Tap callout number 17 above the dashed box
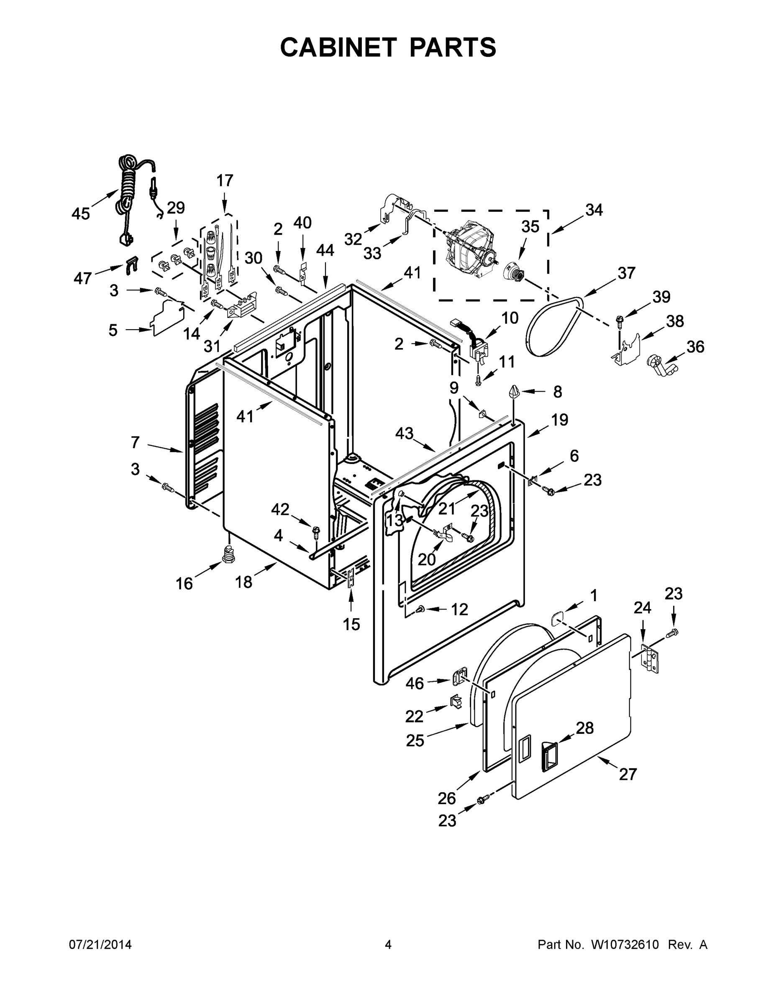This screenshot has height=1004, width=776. point(225,180)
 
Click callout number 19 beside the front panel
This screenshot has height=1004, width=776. point(559,420)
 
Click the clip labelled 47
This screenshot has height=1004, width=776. point(132,265)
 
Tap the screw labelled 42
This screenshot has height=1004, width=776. point(316,531)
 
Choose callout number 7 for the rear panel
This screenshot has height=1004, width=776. point(135,442)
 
